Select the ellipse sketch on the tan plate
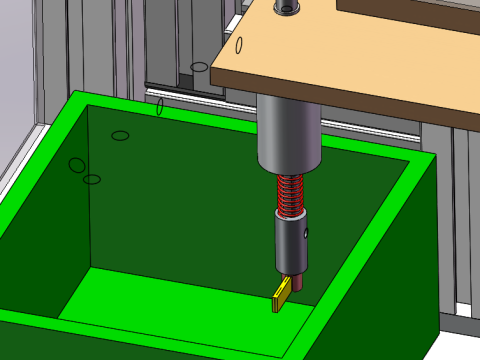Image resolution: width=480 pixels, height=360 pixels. pyautogui.click(x=240, y=45)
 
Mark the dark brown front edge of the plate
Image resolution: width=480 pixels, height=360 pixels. pyautogui.click(x=360, y=111)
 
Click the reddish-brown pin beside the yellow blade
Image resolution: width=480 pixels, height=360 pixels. pyautogui.click(x=298, y=285)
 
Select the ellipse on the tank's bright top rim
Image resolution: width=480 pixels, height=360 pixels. pyautogui.click(x=160, y=106)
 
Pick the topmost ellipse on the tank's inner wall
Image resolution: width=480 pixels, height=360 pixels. pyautogui.click(x=120, y=135)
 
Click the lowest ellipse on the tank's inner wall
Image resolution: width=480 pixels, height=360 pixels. pyautogui.click(x=92, y=180)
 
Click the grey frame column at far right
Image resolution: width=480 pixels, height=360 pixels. pyautogui.click(x=466, y=220)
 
